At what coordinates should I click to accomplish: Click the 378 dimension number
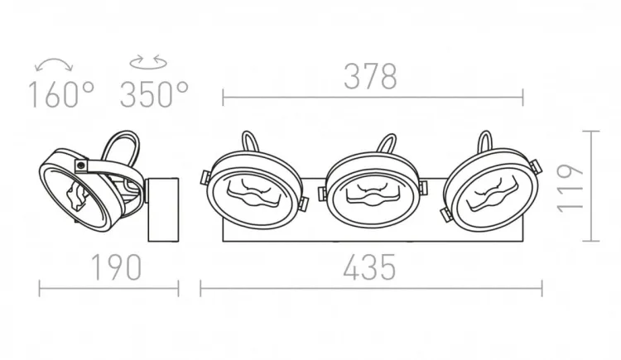coord(370,76)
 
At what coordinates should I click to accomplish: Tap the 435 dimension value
coord(369,267)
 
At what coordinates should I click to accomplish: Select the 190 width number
coord(117,267)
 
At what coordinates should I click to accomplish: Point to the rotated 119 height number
coord(570,188)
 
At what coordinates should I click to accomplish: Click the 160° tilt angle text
coord(62,94)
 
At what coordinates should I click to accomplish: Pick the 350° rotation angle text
coord(154,94)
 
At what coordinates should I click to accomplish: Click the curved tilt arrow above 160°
coord(54,64)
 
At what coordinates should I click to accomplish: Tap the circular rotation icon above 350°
coord(148,62)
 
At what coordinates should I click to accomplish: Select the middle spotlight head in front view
coord(373,190)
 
